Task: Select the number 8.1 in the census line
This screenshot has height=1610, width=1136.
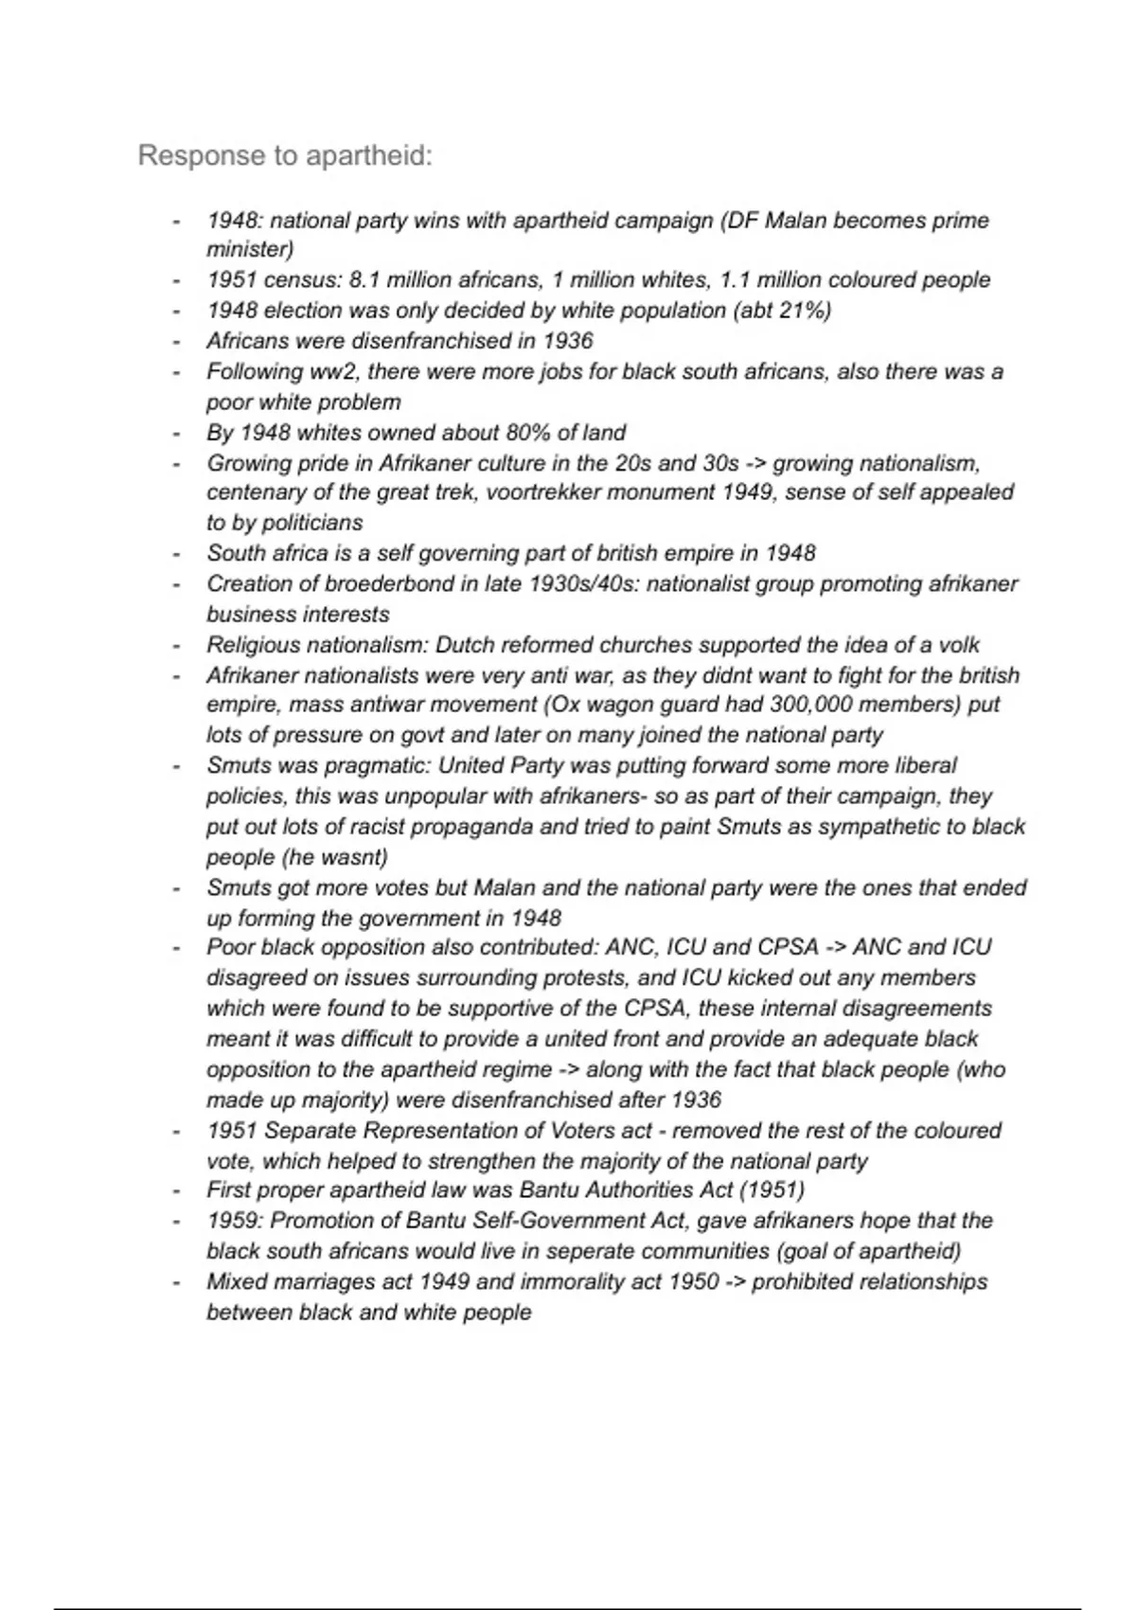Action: [x=364, y=280]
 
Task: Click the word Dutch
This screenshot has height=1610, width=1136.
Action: [x=464, y=645]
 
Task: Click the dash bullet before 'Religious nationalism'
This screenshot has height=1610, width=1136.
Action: [x=176, y=646]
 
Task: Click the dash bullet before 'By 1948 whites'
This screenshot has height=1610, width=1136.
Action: [x=176, y=434]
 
